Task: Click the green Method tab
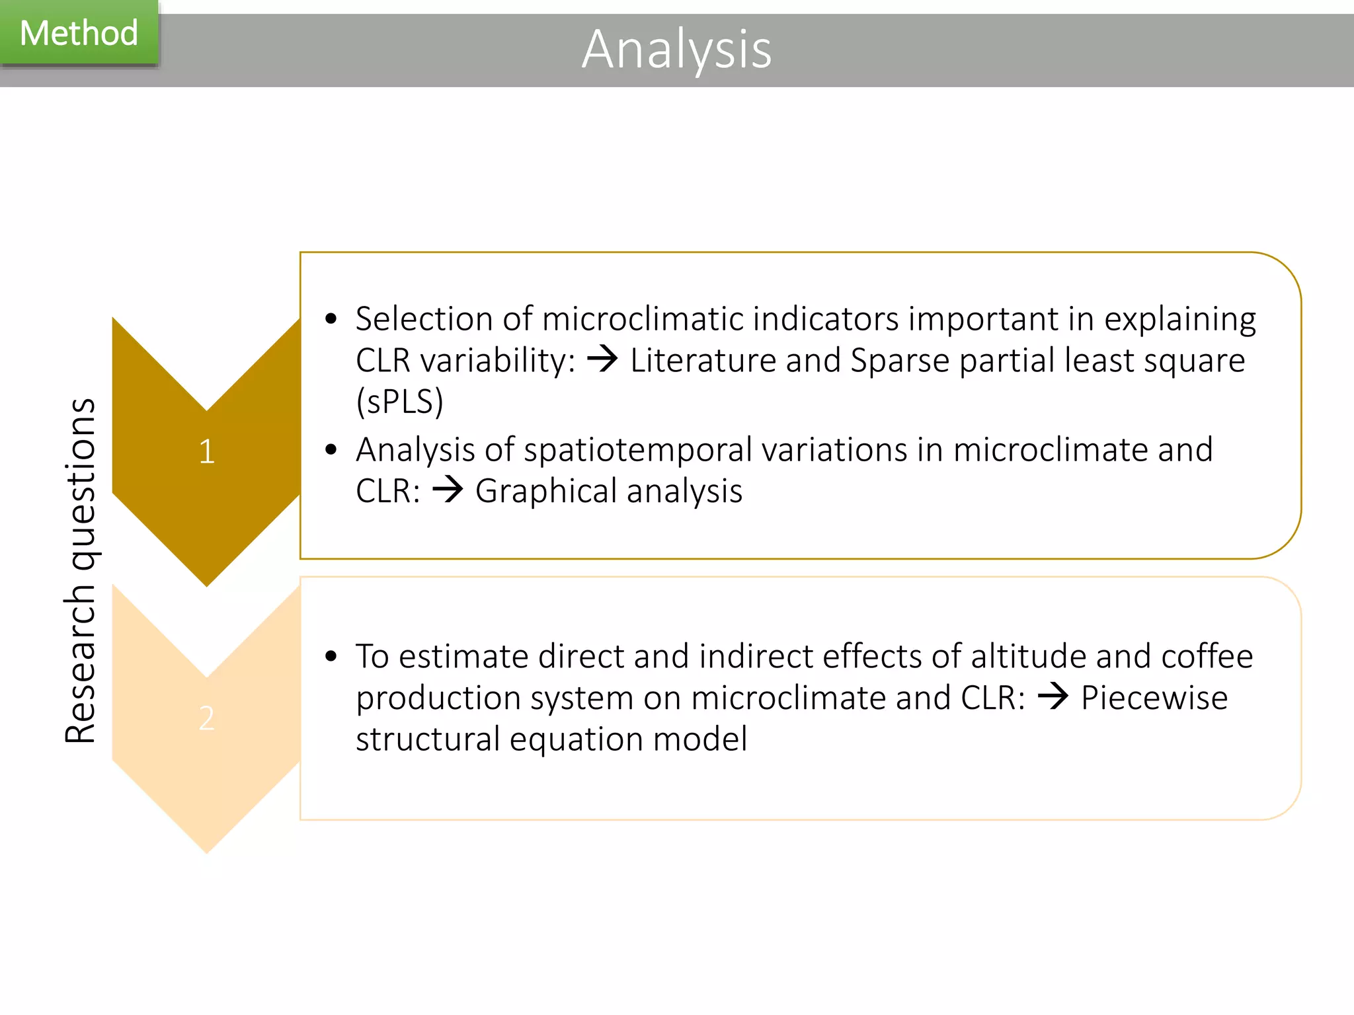point(79,33)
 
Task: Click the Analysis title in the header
point(676,50)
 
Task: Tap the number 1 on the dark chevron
point(206,452)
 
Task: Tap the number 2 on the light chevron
point(206,718)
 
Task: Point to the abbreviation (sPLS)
point(399,402)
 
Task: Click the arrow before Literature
point(602,359)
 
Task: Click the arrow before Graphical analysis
point(448,490)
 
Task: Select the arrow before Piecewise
point(1053,696)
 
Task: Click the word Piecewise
point(1154,698)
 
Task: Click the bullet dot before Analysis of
point(331,450)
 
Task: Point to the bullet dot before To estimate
point(331,656)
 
